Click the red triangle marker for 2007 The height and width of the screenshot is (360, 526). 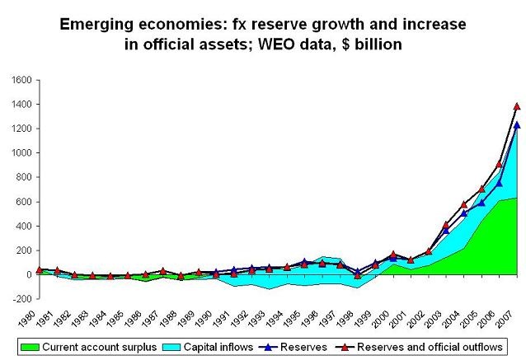(x=516, y=106)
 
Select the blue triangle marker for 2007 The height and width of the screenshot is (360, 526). (x=516, y=125)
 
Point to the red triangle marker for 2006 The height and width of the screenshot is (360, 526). (x=499, y=164)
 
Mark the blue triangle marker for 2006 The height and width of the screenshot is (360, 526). (x=499, y=183)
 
